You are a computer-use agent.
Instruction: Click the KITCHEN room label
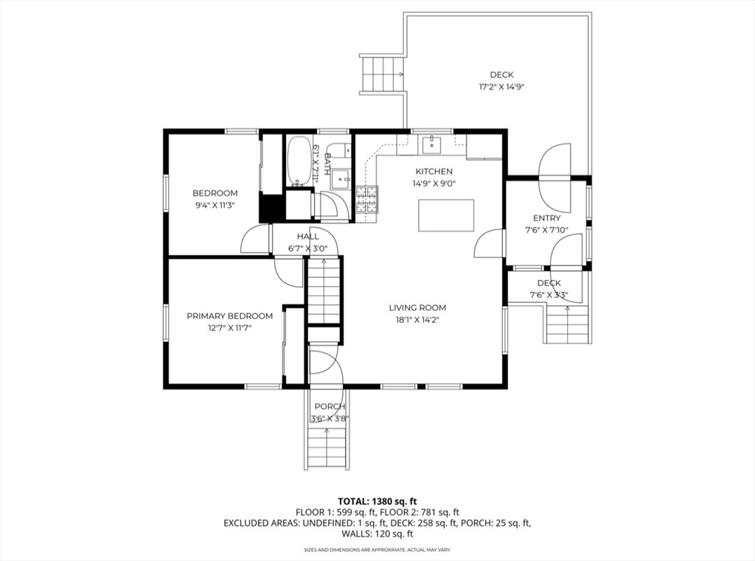(x=434, y=172)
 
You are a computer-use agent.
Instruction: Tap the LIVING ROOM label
(x=417, y=307)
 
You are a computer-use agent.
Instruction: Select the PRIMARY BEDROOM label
(x=230, y=316)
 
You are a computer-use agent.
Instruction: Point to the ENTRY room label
(x=546, y=218)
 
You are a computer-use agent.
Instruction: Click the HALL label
(x=307, y=237)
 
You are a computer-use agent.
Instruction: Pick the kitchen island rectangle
(x=446, y=215)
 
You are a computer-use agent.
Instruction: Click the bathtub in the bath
(x=299, y=161)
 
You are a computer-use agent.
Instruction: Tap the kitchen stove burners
(x=366, y=199)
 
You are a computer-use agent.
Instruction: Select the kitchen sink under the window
(x=432, y=143)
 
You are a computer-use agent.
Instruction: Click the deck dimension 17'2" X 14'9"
(x=501, y=87)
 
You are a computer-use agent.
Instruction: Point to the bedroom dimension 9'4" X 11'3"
(x=215, y=205)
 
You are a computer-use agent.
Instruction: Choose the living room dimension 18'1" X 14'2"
(x=417, y=320)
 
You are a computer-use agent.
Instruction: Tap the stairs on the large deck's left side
(x=381, y=74)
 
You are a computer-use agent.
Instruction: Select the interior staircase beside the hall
(x=324, y=290)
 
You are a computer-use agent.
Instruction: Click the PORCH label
(x=330, y=407)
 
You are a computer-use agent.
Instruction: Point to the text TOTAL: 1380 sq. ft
(x=377, y=501)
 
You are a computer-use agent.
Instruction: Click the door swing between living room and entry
(x=489, y=244)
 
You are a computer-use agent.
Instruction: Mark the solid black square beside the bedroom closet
(x=271, y=208)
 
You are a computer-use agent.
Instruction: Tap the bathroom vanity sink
(x=343, y=178)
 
